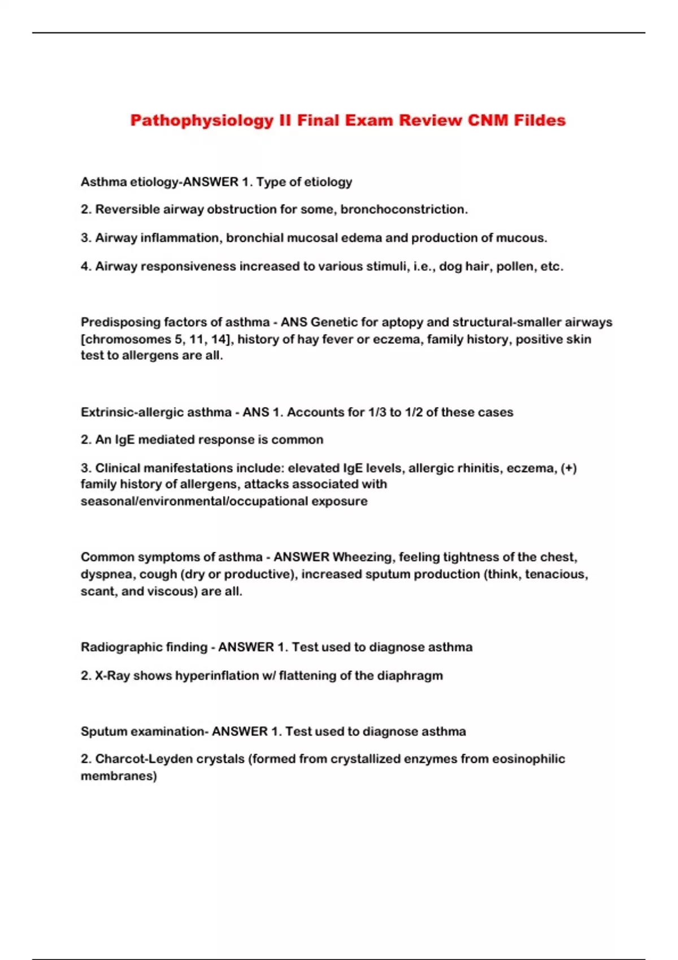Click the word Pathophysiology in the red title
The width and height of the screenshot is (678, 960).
click(202, 121)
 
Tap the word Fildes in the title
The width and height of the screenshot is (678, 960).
click(540, 120)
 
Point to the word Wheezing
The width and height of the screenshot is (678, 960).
click(363, 557)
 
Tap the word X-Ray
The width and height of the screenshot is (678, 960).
click(112, 676)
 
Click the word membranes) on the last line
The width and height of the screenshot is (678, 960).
click(119, 776)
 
